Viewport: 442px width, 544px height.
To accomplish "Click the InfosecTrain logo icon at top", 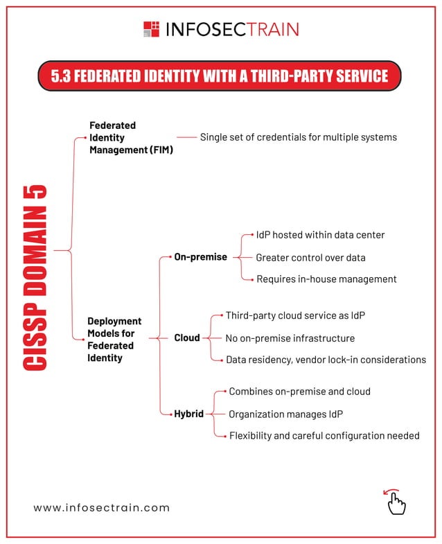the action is tap(151, 29).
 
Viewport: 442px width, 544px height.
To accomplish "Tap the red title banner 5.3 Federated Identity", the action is tap(220, 75).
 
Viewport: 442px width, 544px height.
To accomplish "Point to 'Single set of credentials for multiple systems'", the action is tap(298, 137).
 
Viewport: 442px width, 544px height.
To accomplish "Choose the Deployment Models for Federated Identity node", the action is tap(114, 340).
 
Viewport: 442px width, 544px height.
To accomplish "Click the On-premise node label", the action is tap(200, 257).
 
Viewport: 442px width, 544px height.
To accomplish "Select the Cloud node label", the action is tap(186, 338).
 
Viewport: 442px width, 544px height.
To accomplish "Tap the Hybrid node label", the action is tap(188, 414).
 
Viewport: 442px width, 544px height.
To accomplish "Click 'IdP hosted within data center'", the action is tap(315, 235).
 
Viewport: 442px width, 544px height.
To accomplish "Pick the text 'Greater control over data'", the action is tap(310, 257).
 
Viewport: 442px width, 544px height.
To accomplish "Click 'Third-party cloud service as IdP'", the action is tap(295, 315).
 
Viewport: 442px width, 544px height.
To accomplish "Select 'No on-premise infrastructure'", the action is tap(290, 338).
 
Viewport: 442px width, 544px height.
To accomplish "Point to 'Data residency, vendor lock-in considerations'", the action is tap(326, 360).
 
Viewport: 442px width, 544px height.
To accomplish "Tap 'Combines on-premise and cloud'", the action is tap(299, 392).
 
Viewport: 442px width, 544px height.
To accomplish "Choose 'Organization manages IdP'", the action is tap(285, 414).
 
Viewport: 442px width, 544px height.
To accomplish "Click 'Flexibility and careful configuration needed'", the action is tap(324, 436).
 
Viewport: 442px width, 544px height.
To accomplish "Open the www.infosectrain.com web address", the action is tap(102, 507).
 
